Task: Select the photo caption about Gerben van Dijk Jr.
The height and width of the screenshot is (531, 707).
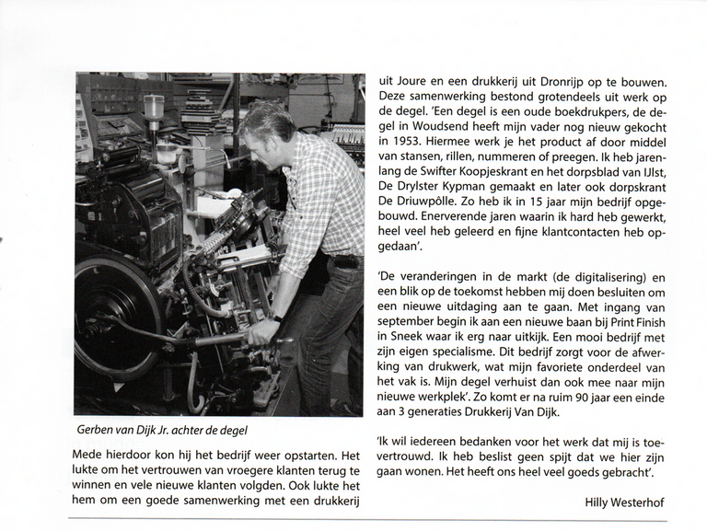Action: pyautogui.click(x=164, y=431)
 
